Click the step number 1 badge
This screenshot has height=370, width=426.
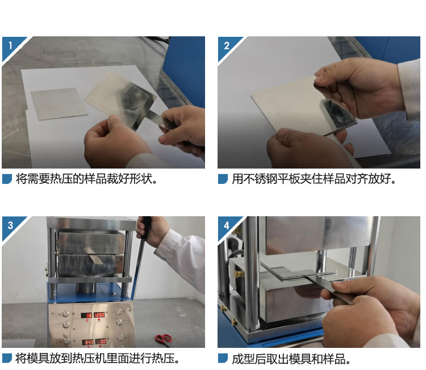(x=10, y=45)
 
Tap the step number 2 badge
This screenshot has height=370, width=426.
(x=226, y=45)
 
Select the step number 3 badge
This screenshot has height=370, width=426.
(x=10, y=225)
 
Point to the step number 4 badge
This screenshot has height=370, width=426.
(x=226, y=225)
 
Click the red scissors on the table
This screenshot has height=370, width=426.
(x=164, y=339)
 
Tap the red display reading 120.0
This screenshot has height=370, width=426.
(x=99, y=315)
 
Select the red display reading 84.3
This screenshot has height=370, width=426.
(x=87, y=342)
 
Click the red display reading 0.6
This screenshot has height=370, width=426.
(x=87, y=315)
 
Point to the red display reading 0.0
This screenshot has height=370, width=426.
(x=101, y=341)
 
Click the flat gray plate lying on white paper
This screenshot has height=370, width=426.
(x=59, y=103)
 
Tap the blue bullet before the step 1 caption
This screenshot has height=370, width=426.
(x=7, y=179)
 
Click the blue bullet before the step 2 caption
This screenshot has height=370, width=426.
(x=223, y=179)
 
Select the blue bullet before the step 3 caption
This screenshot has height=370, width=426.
(x=7, y=358)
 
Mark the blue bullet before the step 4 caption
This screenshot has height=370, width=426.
(x=223, y=358)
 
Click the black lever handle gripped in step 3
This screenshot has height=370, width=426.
(x=145, y=228)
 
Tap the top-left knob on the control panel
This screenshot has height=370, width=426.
(x=65, y=314)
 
